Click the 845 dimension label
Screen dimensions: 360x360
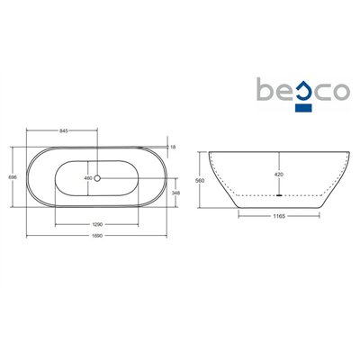click(x=64, y=130)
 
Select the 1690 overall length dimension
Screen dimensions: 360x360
click(x=98, y=236)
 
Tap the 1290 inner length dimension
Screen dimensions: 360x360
click(x=98, y=224)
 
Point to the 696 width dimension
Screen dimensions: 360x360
click(x=13, y=177)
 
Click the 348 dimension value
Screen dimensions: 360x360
click(x=175, y=193)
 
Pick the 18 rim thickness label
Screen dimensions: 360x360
click(x=173, y=147)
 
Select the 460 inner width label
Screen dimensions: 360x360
click(x=88, y=178)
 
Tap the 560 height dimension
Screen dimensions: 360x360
click(x=200, y=181)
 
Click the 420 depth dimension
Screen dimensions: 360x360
click(x=279, y=175)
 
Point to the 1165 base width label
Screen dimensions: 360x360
click(x=279, y=216)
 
